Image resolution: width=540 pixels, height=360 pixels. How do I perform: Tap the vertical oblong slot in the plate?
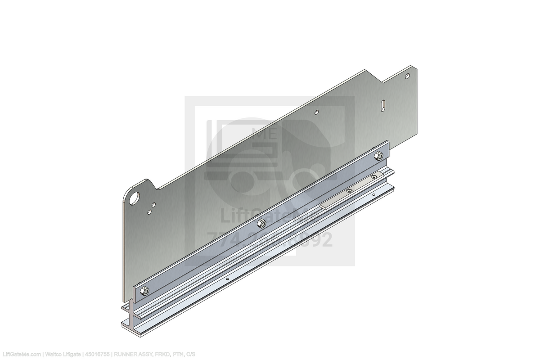383,104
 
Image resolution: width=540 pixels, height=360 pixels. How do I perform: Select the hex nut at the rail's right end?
378,156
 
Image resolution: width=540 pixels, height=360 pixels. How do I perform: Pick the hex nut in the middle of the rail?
260,223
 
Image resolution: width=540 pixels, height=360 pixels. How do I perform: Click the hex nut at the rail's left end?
145,291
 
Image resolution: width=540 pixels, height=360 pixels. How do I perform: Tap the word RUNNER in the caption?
125,354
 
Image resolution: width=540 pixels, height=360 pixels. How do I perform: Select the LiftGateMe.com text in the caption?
20,354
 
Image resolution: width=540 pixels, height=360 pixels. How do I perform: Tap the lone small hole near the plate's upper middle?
317,112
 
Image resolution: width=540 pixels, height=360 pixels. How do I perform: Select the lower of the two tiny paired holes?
150,211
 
